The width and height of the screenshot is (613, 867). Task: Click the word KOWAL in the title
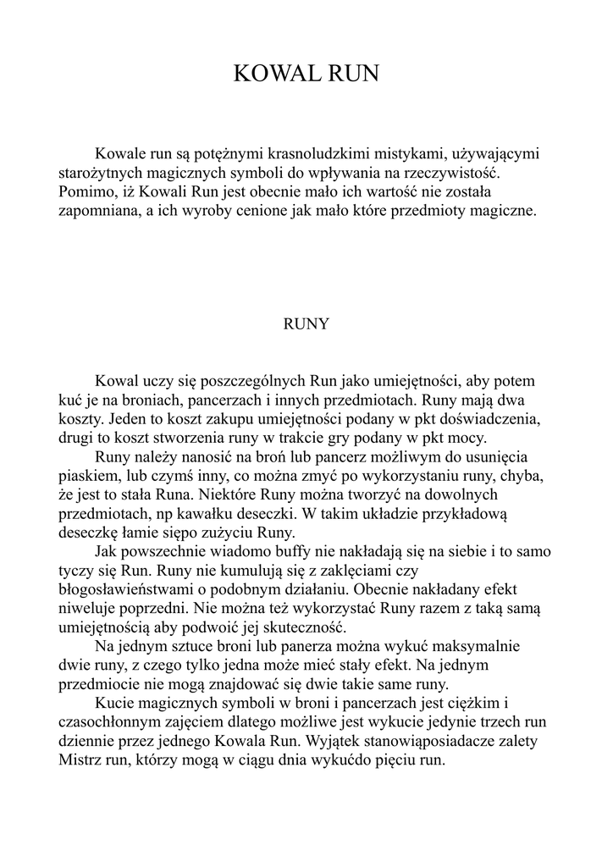(273, 75)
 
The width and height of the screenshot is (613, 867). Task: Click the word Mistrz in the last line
(82, 759)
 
